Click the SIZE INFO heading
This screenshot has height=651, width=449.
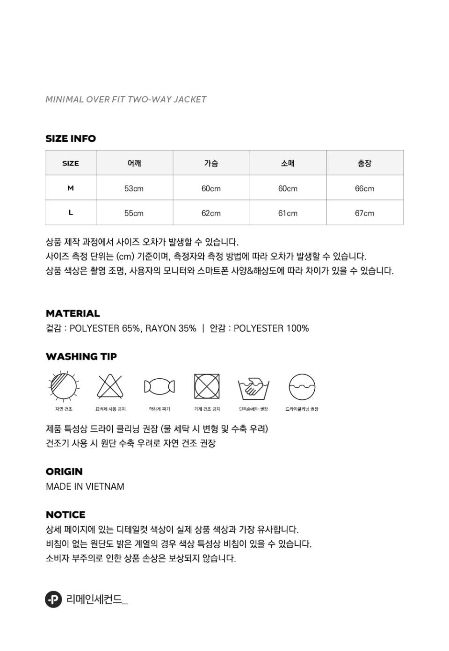pos(71,138)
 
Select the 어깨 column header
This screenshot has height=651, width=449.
pos(134,163)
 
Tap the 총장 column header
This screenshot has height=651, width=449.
pos(364,163)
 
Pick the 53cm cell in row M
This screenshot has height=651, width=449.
pos(134,188)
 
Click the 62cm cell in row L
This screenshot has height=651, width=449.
pos(211,213)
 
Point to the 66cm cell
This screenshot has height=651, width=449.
pos(364,188)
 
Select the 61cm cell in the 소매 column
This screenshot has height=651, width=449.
pos(288,213)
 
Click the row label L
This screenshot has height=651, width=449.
pos(71,213)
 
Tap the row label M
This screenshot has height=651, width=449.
pos(71,188)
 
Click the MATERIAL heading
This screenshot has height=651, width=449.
pos(73,313)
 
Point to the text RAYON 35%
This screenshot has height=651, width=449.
pos(171,328)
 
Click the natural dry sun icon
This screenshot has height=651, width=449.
pos(64,386)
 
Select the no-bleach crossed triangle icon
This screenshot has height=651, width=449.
pos(110,386)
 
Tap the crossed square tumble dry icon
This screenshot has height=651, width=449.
pos(207,386)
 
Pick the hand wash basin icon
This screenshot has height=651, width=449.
pos(253,387)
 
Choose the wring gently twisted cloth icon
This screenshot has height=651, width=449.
pos(159,386)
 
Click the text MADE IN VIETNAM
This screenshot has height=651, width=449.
pos(85,486)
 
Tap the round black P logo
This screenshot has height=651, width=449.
pos(53,599)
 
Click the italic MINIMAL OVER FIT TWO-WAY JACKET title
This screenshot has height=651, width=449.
pos(126,99)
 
